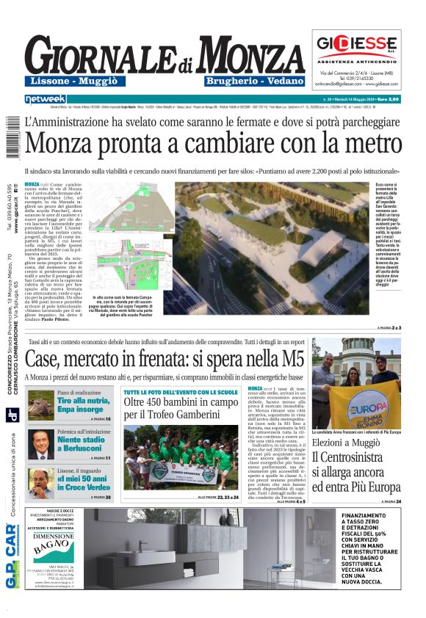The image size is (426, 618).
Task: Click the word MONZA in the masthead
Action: tap(248, 56)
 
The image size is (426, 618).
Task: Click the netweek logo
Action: tap(46, 98)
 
